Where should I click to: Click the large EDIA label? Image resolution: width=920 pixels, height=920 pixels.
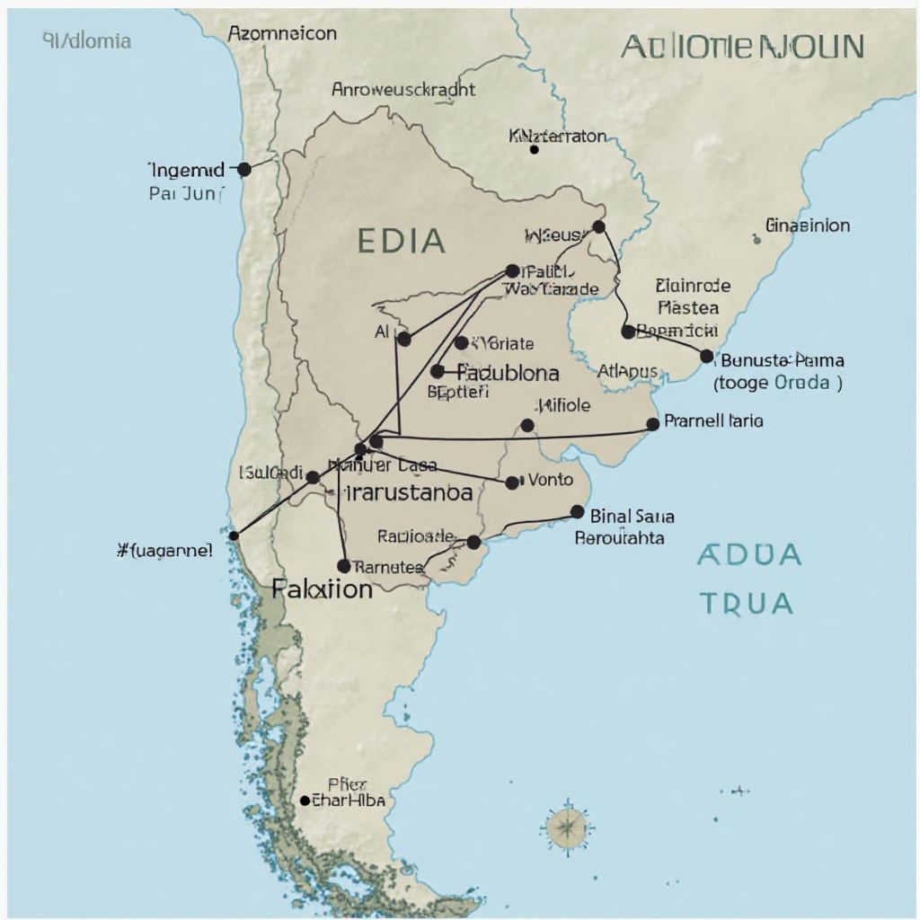pyautogui.click(x=401, y=241)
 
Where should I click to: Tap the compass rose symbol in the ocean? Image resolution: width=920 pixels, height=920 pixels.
pyautogui.click(x=568, y=826)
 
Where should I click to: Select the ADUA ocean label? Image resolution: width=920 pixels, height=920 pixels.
pyautogui.click(x=748, y=555)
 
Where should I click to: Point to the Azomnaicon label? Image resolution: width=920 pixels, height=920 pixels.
pyautogui.click(x=282, y=34)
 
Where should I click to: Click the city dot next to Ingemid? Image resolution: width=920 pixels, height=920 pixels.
pyautogui.click(x=243, y=169)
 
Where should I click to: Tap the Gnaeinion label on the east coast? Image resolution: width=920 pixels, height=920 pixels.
pyautogui.click(x=808, y=226)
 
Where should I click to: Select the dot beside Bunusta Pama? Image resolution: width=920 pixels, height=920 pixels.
pyautogui.click(x=706, y=356)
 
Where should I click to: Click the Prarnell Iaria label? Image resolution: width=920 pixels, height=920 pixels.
pyautogui.click(x=713, y=420)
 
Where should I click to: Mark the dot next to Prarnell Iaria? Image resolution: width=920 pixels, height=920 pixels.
pyautogui.click(x=653, y=424)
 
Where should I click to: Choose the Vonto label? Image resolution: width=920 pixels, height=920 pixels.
pyautogui.click(x=550, y=480)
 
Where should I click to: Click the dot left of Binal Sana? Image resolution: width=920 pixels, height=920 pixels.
pyautogui.click(x=577, y=512)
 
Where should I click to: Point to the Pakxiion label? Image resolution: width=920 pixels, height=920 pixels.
pyautogui.click(x=322, y=589)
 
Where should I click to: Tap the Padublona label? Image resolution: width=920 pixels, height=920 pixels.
pyautogui.click(x=508, y=372)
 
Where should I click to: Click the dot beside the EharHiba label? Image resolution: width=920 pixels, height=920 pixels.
pyautogui.click(x=305, y=801)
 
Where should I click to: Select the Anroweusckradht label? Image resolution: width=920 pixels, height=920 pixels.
pyautogui.click(x=403, y=90)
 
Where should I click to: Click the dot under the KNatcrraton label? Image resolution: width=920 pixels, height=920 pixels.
pyautogui.click(x=534, y=150)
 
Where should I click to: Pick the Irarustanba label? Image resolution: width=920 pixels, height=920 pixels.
pyautogui.click(x=409, y=492)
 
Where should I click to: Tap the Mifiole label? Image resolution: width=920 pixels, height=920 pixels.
pyautogui.click(x=562, y=405)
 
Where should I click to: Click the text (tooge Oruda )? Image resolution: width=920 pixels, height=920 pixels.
pyautogui.click(x=778, y=381)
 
